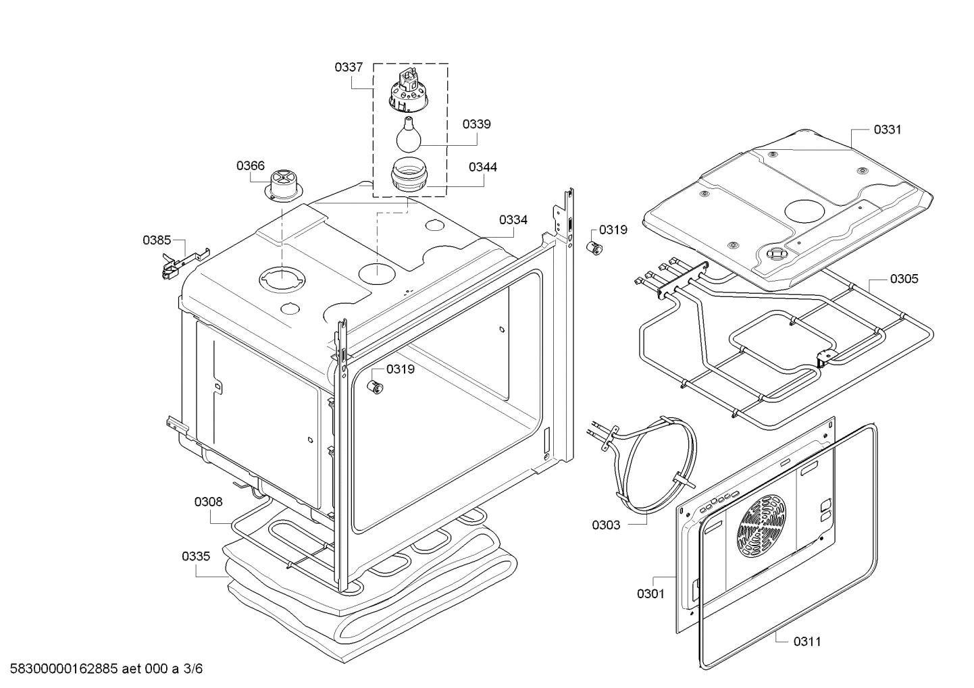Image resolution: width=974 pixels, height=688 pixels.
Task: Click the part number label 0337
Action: (x=349, y=67)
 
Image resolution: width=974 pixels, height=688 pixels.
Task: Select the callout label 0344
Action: (x=482, y=166)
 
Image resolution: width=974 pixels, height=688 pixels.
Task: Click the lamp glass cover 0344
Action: (x=409, y=176)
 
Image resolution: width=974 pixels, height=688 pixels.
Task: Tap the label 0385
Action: (x=157, y=240)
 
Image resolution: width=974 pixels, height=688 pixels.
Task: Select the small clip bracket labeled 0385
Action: (x=177, y=262)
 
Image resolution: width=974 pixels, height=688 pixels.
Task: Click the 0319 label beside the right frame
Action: (x=613, y=230)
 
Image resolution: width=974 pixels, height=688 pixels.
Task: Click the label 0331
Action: (x=888, y=130)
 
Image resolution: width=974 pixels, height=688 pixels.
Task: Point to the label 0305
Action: (x=904, y=278)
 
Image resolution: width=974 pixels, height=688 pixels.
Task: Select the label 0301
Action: (x=650, y=593)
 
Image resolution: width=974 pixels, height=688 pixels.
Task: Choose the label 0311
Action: (x=807, y=641)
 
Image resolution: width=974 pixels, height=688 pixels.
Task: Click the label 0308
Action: (x=208, y=502)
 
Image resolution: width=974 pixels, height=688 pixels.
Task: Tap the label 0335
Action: (x=196, y=556)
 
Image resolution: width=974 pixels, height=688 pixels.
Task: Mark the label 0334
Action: (x=513, y=219)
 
